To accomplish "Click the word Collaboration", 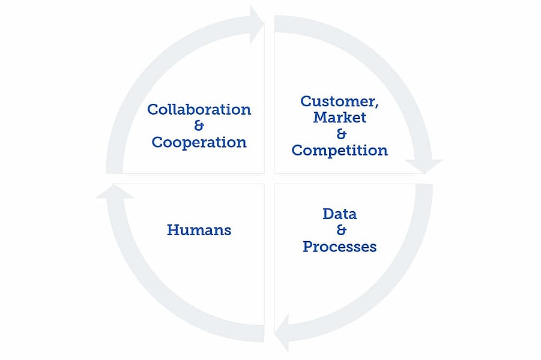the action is [x=199, y=109].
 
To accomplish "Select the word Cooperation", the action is [x=199, y=142].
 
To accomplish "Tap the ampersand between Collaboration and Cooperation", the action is [x=199, y=125].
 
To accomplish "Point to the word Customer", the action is [x=337, y=101].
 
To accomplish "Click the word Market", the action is [x=339, y=117].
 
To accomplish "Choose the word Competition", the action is [x=339, y=151].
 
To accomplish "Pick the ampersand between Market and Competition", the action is [x=341, y=134].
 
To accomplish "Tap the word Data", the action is [x=339, y=214].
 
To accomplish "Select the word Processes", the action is [x=339, y=247].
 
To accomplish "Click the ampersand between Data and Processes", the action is [x=341, y=230].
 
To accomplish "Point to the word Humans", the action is [x=199, y=230].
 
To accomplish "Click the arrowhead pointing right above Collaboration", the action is [x=257, y=25].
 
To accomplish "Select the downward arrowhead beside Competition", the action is [x=424, y=166].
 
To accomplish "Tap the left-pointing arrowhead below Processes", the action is [x=282, y=333].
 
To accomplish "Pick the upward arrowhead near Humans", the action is [x=115, y=191].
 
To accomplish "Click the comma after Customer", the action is [x=376, y=106].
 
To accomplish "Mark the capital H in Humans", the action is [x=173, y=230].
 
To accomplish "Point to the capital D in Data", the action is [x=329, y=214].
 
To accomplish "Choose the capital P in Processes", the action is [x=309, y=247].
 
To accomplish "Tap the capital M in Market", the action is [x=321, y=117].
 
